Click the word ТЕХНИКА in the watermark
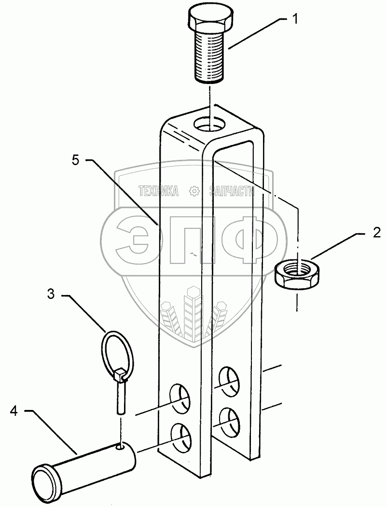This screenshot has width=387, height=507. pos(158,191)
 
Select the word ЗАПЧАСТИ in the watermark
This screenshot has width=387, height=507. pos(232,191)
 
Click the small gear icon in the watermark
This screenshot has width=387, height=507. pos(194,191)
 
